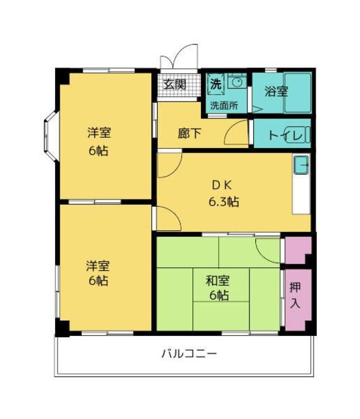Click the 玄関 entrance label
174,84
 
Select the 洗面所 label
223,105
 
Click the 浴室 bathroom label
276,92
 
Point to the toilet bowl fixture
299,136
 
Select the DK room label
221,185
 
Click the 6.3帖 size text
224,202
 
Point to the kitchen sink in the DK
301,166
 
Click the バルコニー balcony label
189,354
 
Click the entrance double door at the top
179,57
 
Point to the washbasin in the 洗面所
238,84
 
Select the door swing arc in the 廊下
233,136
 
